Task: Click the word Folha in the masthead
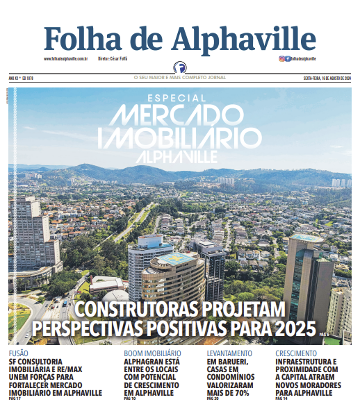point(83,37)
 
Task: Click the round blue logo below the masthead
point(180,69)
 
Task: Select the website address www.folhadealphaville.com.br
point(65,59)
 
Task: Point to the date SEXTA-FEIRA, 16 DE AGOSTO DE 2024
point(327,78)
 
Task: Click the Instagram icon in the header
point(281,59)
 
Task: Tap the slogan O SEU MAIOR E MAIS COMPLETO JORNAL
point(180,78)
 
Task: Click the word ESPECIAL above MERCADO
point(177,99)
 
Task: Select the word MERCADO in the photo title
point(179,115)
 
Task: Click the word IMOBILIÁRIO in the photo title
point(179,136)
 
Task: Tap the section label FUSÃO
point(18,353)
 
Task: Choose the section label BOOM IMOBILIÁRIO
point(152,353)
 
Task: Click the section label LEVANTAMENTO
point(230,353)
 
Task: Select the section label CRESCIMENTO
point(297,353)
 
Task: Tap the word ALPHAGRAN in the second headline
point(142,362)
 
